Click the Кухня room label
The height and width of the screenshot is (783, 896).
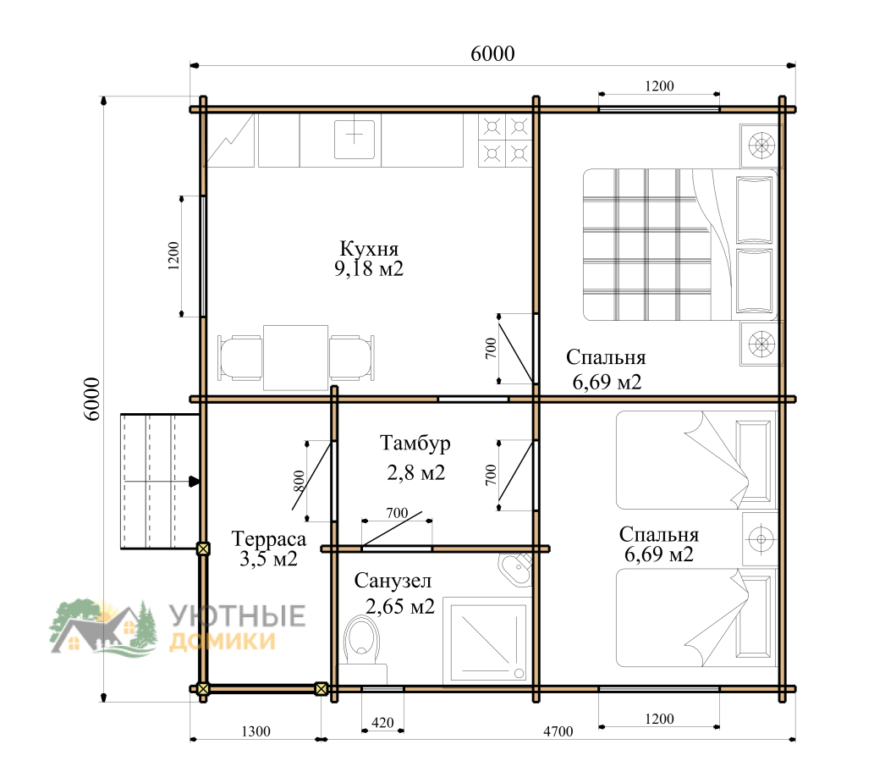click(369, 249)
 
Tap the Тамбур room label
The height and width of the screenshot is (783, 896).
click(415, 444)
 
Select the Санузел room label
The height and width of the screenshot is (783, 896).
click(393, 582)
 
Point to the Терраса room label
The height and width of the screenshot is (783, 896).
click(268, 539)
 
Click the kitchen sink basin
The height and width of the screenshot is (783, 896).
click(355, 138)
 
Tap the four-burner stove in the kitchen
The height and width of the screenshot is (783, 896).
click(505, 140)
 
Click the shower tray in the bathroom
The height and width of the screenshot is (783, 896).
click(487, 642)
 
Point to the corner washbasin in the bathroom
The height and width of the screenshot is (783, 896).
click(517, 569)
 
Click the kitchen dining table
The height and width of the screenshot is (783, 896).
click(295, 358)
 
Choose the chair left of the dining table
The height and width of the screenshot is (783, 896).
click(240, 358)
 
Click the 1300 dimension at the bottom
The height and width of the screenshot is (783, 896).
click(256, 731)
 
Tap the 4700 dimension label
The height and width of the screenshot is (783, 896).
click(558, 731)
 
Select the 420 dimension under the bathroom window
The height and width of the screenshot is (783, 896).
click(382, 723)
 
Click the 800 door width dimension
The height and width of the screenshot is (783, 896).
click(299, 482)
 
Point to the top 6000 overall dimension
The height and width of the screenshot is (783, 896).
click(492, 53)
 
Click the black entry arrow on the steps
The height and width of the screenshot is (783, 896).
click(195, 482)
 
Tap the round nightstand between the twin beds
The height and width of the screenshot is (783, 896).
click(761, 539)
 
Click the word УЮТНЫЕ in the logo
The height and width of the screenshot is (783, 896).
click(237, 616)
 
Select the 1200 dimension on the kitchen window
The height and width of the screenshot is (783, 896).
click(173, 256)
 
